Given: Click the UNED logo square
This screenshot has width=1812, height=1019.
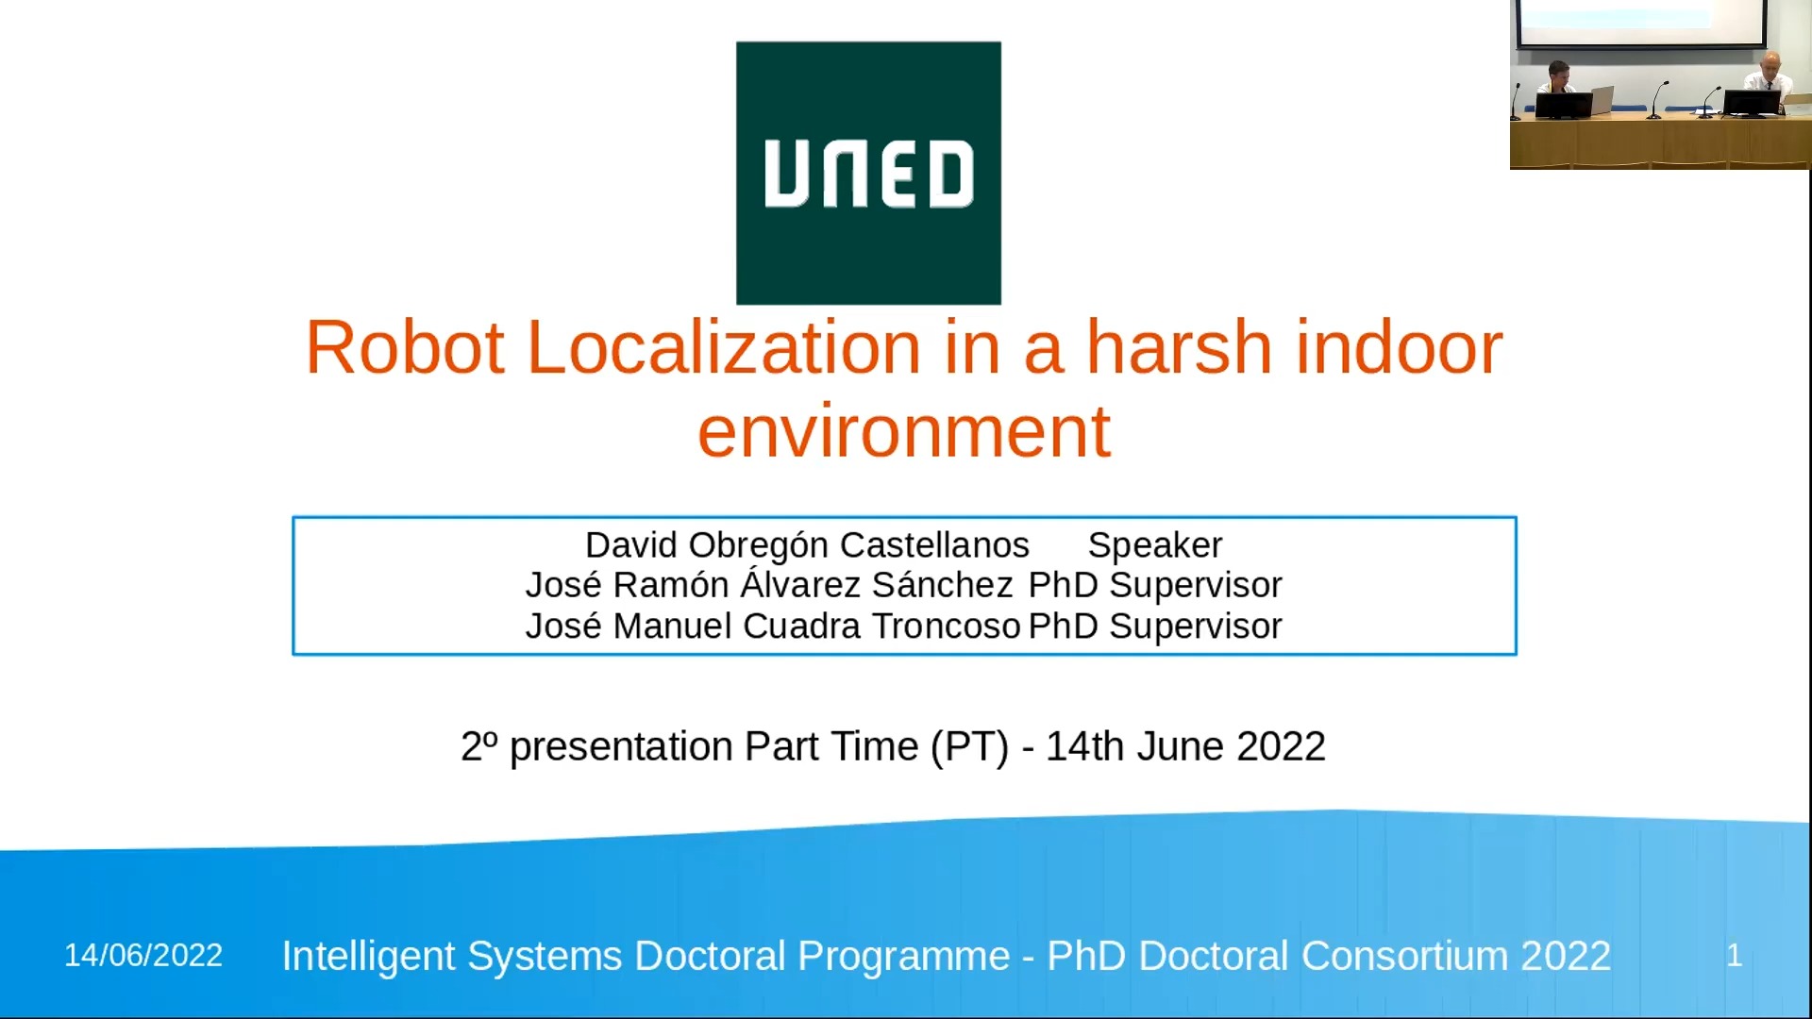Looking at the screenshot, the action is tap(868, 173).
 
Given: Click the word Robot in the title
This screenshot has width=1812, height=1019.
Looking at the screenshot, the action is tap(405, 348).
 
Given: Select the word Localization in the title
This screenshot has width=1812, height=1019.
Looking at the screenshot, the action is tap(724, 348).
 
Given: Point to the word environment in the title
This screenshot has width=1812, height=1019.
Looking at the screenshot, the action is tap(904, 432).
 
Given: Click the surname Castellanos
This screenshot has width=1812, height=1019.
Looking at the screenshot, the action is tap(934, 545).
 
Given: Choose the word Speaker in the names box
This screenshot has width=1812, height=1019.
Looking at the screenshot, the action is tap(1155, 546).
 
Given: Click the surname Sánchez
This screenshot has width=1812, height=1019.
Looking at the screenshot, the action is tap(942, 585).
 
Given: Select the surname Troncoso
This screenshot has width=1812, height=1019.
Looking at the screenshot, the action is tap(946, 626).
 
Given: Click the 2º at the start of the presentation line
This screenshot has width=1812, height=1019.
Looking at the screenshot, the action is tap(479, 746).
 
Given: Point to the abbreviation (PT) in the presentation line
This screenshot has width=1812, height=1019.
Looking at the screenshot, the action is tap(969, 747).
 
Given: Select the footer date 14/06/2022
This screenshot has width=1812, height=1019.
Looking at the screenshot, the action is tap(143, 955).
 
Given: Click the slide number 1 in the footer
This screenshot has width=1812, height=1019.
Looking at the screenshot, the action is tap(1735, 955).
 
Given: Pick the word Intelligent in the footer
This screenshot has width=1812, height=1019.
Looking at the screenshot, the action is tap(368, 956).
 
